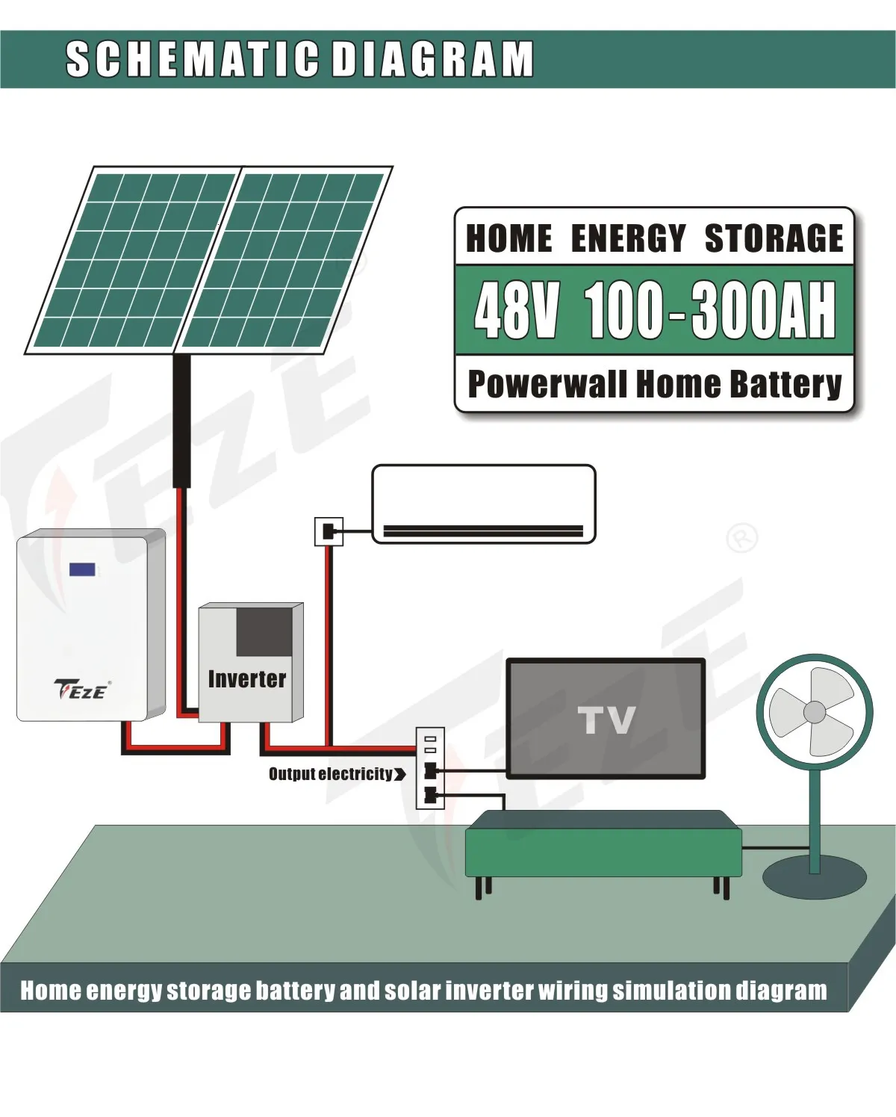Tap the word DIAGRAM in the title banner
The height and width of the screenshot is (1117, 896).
(432, 59)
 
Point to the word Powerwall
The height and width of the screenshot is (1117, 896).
(547, 384)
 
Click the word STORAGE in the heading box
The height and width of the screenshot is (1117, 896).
(774, 239)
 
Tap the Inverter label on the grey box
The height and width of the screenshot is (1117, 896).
(246, 679)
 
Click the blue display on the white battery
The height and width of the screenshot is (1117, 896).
(82, 570)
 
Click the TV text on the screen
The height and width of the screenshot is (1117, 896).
(606, 720)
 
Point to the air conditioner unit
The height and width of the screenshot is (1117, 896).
(483, 504)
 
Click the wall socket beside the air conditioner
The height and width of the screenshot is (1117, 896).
(329, 531)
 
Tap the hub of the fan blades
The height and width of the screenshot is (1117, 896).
(814, 712)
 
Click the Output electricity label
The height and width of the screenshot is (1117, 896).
(330, 774)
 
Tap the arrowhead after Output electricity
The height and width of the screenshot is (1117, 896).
(400, 774)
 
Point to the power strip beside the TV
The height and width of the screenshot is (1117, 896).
(430, 768)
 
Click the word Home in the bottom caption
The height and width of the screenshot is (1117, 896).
(51, 991)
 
